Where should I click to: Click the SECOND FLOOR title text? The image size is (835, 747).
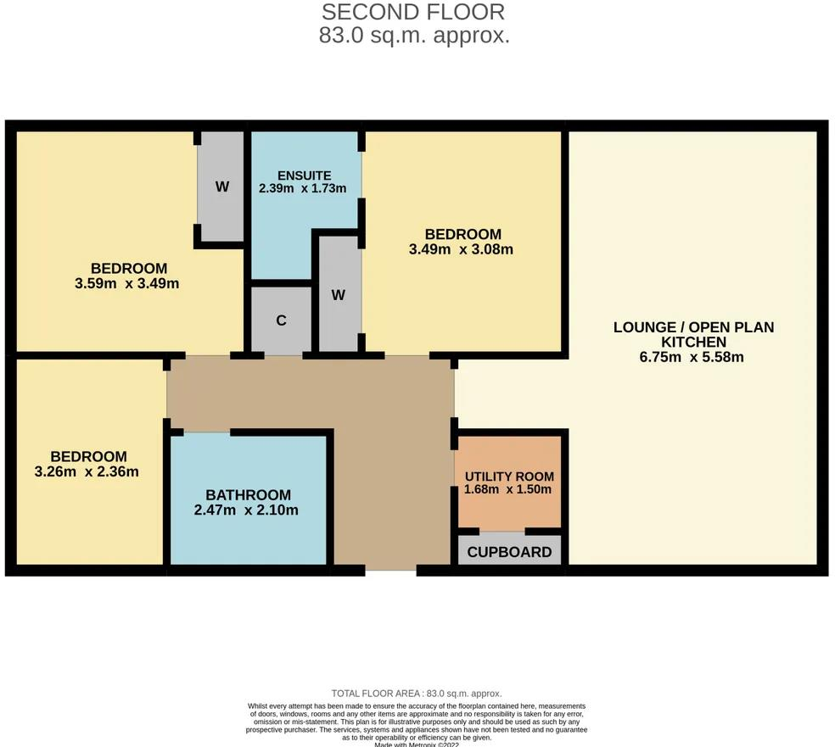(x=413, y=12)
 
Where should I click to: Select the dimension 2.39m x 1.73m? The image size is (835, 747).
(x=303, y=189)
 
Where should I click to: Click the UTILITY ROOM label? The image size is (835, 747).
(x=509, y=477)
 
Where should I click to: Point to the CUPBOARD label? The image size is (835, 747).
(x=509, y=553)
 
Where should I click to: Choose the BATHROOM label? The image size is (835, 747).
(x=248, y=495)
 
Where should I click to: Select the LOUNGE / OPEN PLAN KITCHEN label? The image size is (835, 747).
(x=694, y=334)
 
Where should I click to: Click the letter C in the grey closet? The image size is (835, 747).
(x=281, y=321)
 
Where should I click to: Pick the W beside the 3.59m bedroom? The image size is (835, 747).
(x=221, y=187)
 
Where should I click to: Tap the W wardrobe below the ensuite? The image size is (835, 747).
(x=339, y=295)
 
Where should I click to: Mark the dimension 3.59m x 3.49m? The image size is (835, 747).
(x=126, y=284)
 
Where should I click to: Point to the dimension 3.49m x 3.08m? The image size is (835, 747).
(x=462, y=249)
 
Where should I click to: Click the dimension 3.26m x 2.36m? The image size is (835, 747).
(x=87, y=471)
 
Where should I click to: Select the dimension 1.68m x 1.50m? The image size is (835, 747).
(x=509, y=489)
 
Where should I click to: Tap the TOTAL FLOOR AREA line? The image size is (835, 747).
(x=416, y=694)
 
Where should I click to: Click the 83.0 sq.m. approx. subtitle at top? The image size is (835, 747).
(x=414, y=36)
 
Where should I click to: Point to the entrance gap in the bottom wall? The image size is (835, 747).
(x=390, y=571)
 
